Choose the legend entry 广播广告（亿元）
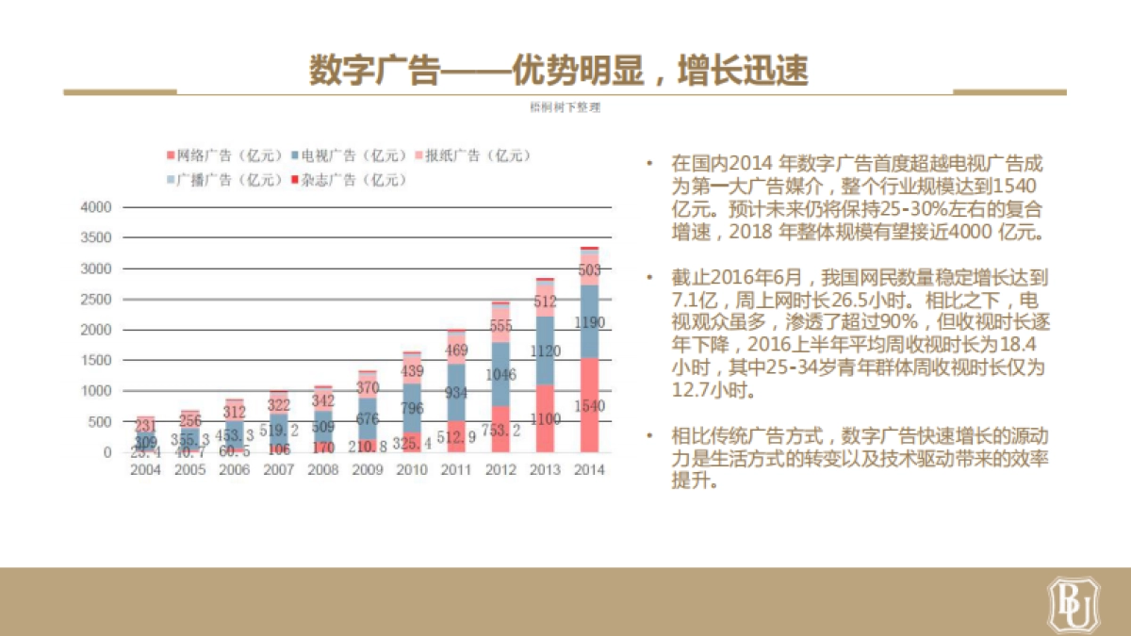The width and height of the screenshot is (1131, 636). [x=222, y=179]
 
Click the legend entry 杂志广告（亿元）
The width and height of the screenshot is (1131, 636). [x=346, y=179]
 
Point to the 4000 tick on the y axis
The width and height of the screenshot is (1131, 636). [x=96, y=207]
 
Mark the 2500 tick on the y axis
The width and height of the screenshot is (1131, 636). [x=96, y=300]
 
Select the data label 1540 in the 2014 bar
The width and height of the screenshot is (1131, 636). [x=589, y=406]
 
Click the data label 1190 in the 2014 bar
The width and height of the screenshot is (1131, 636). [x=589, y=323]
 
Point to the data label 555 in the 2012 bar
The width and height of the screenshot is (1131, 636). [x=501, y=325]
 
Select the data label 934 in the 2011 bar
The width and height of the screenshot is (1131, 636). [x=457, y=392]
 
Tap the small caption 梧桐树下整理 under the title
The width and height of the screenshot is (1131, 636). [x=565, y=107]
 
